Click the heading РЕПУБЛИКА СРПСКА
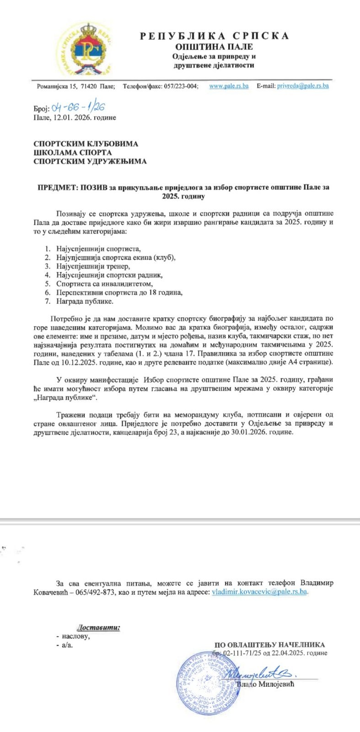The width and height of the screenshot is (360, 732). (x=214, y=36)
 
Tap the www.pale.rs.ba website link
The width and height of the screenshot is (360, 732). (x=229, y=86)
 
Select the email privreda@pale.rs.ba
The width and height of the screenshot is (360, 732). (x=303, y=86)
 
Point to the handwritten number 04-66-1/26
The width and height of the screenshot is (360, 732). (x=79, y=108)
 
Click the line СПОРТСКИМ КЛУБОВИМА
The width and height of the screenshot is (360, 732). (x=86, y=144)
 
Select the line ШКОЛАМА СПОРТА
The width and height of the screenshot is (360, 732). (x=72, y=152)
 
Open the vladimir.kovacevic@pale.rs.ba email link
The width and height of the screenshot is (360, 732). (x=259, y=592)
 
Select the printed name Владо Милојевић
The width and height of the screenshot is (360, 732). (x=266, y=684)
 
